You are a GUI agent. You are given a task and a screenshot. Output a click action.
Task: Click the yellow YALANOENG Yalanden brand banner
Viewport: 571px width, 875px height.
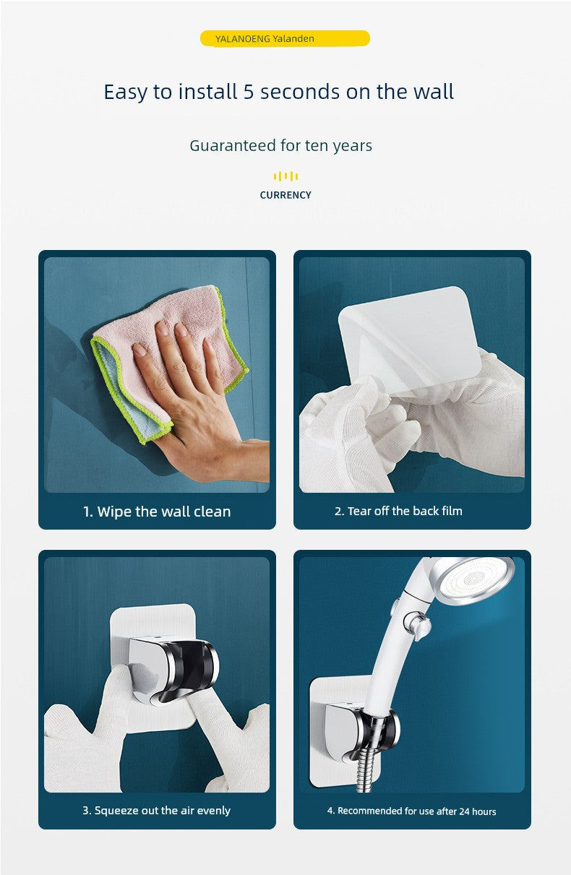285,38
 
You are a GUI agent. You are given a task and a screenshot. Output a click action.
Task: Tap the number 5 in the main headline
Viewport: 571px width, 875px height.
249,92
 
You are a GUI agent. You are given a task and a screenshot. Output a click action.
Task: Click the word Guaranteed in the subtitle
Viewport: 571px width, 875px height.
233,145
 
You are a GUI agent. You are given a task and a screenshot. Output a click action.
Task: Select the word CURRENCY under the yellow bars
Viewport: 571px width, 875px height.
285,195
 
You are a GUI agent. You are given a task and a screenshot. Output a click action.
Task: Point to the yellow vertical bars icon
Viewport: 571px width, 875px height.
285,176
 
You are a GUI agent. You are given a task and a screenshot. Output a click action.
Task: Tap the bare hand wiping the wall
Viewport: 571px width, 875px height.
195,398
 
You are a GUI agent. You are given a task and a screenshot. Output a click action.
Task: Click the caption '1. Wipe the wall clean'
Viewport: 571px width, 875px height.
157,512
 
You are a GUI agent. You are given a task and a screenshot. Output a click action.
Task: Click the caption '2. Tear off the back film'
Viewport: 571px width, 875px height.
398,511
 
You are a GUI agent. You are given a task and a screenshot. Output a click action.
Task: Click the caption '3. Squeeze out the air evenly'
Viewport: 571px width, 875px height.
156,811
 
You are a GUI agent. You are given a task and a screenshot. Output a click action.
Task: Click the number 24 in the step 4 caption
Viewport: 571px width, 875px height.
464,811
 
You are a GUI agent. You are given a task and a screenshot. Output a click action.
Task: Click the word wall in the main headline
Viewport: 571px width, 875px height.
434,92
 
